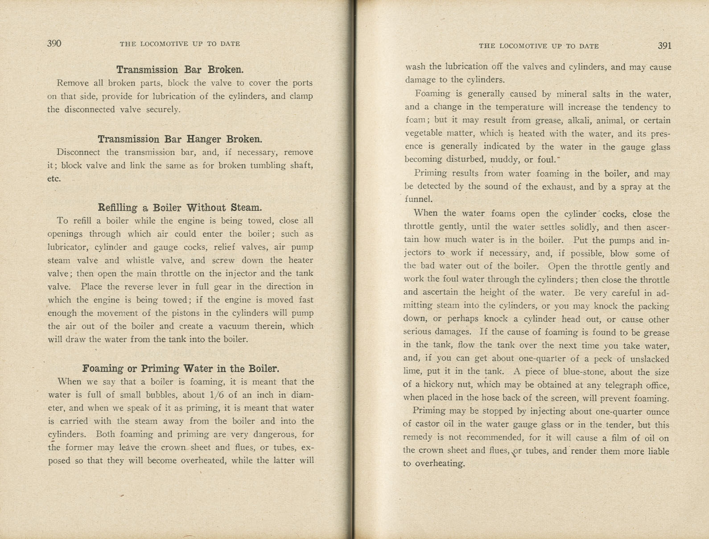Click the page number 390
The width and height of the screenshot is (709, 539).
click(54, 43)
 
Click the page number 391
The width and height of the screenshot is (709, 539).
click(664, 45)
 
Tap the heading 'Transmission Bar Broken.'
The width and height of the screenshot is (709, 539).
click(180, 69)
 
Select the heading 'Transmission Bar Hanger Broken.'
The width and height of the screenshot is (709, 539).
click(180, 139)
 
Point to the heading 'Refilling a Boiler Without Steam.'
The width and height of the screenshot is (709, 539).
click(180, 208)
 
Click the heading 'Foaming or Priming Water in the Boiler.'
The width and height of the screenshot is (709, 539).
click(181, 368)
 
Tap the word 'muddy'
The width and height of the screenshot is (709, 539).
click(504, 159)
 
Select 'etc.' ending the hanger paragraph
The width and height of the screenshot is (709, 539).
click(54, 179)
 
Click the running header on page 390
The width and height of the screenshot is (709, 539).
click(180, 44)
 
